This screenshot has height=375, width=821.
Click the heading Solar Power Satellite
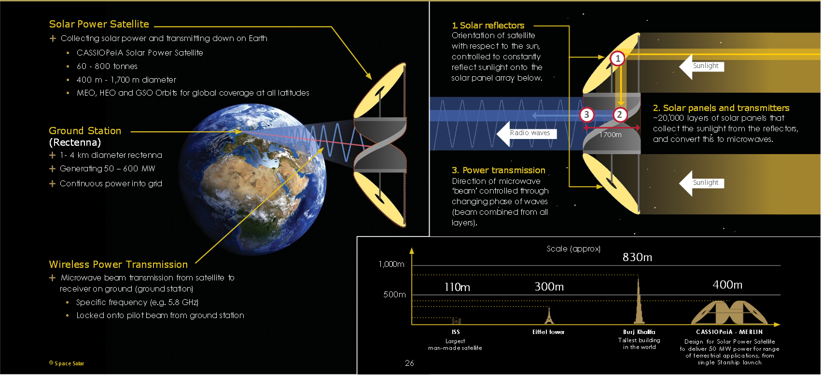pos(99,24)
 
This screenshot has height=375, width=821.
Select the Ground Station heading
pos(85,131)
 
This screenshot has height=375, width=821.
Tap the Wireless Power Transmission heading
pos(118,264)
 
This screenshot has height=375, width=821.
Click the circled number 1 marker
pos(618,58)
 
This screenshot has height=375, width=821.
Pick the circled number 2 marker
pos(620,115)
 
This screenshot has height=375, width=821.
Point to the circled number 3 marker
pos(586,115)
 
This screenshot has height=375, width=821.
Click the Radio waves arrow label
pos(530,133)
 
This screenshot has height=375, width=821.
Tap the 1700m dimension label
pos(611,135)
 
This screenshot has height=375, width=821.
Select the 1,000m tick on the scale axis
pos(391,264)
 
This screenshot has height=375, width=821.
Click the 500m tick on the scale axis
pos(394,294)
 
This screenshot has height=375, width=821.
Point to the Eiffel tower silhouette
pos(548,316)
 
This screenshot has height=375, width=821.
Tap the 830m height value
pos(637,257)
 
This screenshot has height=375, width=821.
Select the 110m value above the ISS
pos(457,288)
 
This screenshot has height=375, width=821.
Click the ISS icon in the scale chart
pos(456,321)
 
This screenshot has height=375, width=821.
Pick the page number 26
pos(409,363)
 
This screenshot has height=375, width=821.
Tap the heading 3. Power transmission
pos(499,170)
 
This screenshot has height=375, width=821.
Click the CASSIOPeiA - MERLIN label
pos(729,332)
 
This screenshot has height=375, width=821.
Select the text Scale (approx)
pos(573,249)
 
